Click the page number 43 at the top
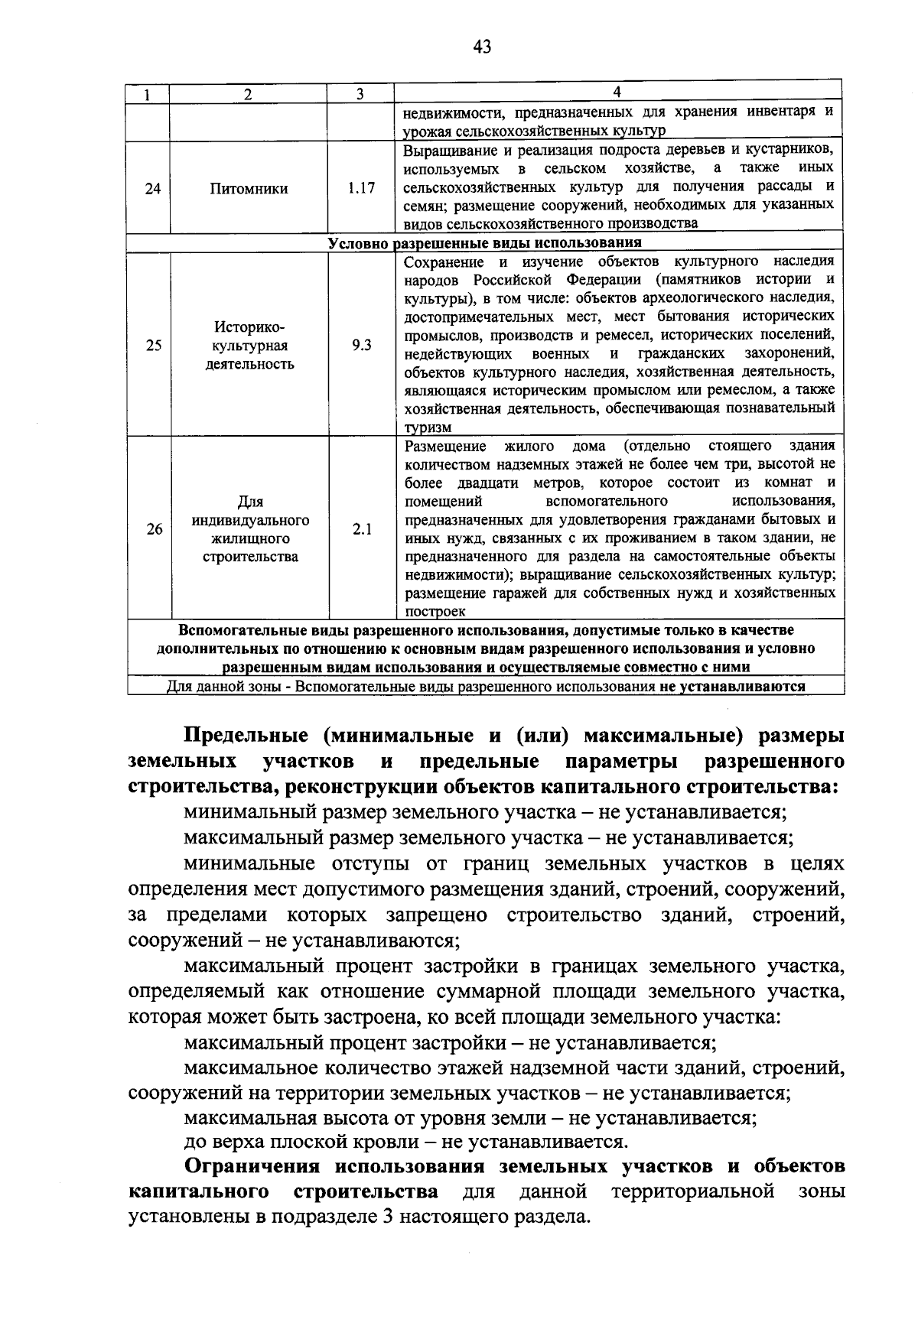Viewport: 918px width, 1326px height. tap(482, 47)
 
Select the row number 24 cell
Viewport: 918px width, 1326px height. tap(153, 188)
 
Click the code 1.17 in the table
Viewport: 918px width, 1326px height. tap(361, 187)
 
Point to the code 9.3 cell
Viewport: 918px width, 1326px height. tap(362, 345)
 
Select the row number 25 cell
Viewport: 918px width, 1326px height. tap(154, 345)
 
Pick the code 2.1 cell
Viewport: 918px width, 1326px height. tap(362, 528)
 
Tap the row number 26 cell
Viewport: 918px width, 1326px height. tap(155, 528)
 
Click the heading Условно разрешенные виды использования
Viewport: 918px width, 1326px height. tap(484, 243)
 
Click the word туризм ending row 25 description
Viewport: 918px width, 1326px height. tap(428, 427)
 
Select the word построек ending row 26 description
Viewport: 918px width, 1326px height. tap(435, 612)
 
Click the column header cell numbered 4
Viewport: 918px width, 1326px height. tap(618, 92)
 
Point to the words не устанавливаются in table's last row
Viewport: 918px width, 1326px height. tap(733, 686)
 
